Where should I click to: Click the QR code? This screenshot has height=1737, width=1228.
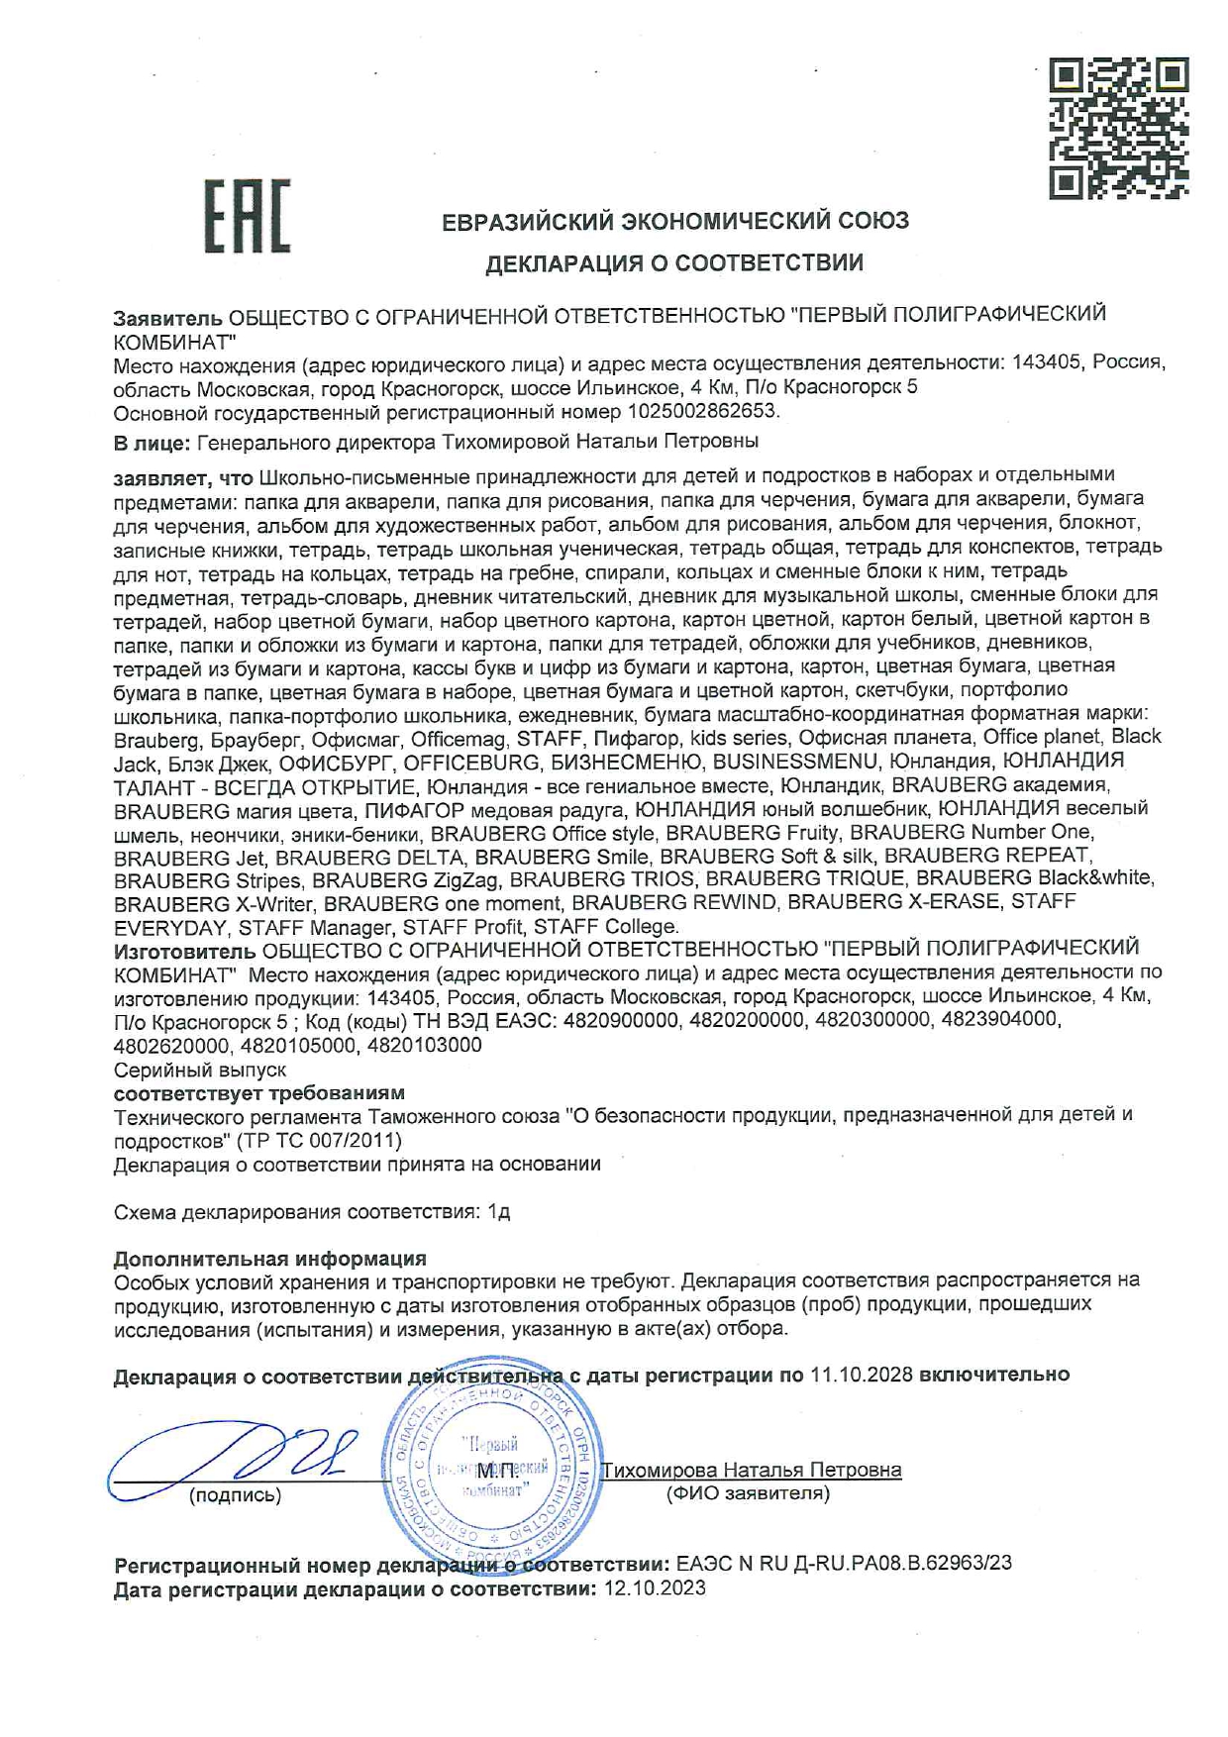[1119, 129]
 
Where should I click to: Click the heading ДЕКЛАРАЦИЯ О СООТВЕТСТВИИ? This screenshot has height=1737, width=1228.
[673, 263]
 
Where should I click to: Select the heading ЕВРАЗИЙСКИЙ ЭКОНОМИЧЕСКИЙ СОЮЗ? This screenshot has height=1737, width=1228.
[675, 221]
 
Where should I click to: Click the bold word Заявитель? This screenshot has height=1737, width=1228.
[168, 318]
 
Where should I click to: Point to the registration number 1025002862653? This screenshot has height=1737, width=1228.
[702, 410]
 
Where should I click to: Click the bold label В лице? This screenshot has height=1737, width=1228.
[153, 442]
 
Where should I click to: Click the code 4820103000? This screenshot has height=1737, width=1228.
[424, 1045]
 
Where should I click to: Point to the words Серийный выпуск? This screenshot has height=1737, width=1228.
[200, 1070]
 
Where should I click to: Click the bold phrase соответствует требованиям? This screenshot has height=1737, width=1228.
[259, 1093]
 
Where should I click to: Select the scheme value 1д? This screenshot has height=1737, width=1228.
[499, 1212]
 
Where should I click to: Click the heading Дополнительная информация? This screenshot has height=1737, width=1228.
[270, 1259]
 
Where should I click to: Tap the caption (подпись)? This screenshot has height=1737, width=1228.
[235, 1495]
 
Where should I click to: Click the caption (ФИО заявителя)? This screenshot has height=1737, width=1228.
[749, 1493]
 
